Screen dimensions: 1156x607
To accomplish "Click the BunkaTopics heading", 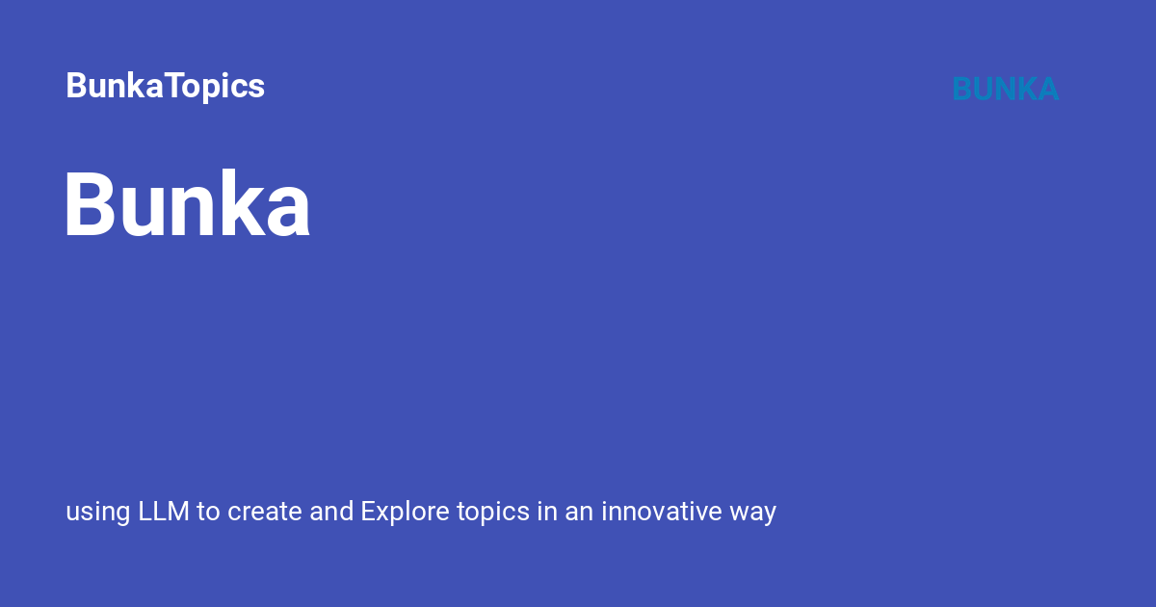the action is pyautogui.click(x=165, y=86).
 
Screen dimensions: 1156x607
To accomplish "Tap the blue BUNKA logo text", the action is pyautogui.click(x=1006, y=89).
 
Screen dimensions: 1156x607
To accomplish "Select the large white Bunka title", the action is pyautogui.click(x=187, y=203).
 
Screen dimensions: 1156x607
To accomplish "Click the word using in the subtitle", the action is pyautogui.click(x=98, y=513).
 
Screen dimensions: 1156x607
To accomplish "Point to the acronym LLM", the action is pyautogui.click(x=164, y=511).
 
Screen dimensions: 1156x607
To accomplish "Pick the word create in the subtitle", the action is pyautogui.click(x=264, y=512).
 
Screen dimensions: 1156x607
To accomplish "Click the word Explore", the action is pyautogui.click(x=406, y=512).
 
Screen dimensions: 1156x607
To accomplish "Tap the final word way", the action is pyautogui.click(x=753, y=514).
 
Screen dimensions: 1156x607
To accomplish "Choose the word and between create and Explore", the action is pyautogui.click(x=331, y=511).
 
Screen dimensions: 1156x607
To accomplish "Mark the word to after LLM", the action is pyautogui.click(x=208, y=512).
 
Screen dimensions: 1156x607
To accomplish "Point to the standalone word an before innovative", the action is pyautogui.click(x=579, y=514).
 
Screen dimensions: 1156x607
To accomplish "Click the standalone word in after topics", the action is pyautogui.click(x=547, y=511).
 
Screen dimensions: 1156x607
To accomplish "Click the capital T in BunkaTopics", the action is pyautogui.click(x=177, y=85).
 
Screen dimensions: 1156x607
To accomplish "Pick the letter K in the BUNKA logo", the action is pyautogui.click(x=1027, y=89).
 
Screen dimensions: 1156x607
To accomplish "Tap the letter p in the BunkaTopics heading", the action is pyautogui.click(x=220, y=90).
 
